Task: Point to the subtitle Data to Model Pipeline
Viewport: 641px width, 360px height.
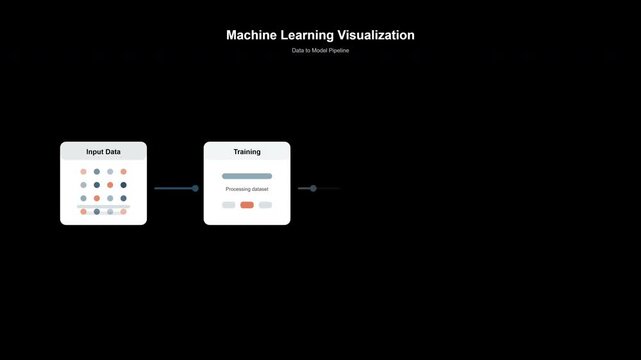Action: [x=320, y=50]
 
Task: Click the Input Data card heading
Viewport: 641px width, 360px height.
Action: [x=103, y=152]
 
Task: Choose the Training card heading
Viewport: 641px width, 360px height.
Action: [x=247, y=152]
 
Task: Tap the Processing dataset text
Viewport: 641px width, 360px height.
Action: [x=247, y=189]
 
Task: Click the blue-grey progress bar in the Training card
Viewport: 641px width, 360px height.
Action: [x=247, y=176]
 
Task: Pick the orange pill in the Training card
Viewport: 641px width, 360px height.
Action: [x=247, y=205]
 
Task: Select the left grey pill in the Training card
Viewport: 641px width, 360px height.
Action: [x=229, y=205]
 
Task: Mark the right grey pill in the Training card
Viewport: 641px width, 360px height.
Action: [x=265, y=205]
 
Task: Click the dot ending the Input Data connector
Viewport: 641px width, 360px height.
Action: [x=195, y=188]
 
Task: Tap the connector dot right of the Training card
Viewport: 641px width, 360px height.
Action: [x=313, y=188]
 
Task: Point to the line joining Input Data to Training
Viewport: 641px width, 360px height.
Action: [x=174, y=188]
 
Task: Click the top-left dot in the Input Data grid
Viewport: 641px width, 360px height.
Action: [x=84, y=171]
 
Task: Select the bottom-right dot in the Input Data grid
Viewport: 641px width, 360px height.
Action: [x=124, y=212]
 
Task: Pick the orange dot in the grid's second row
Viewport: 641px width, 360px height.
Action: [x=110, y=185]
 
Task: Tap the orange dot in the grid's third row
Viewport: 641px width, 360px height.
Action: [x=97, y=198]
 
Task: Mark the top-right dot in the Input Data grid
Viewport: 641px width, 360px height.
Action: [x=124, y=171]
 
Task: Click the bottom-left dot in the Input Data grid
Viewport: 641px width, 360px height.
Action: [x=84, y=212]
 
